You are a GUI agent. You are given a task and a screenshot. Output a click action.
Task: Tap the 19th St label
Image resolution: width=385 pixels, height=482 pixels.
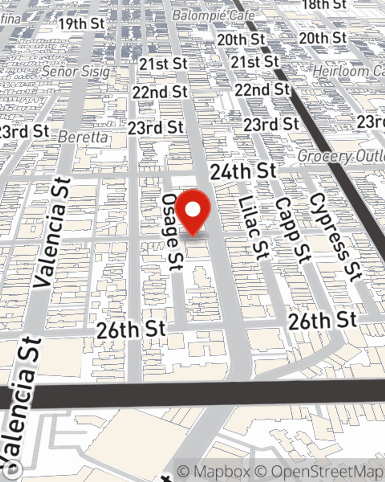[82, 24]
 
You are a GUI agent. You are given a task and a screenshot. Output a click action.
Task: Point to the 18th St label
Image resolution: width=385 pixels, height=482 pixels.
[325, 5]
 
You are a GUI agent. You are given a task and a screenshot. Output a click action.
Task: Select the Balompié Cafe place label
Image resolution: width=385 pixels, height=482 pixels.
[213, 15]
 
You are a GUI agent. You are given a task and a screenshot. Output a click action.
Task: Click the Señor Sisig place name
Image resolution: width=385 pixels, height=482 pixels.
[76, 71]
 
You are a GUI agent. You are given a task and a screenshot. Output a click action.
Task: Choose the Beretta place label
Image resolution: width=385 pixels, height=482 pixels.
[83, 137]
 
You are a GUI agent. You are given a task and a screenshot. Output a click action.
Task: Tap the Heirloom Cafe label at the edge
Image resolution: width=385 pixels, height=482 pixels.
[348, 71]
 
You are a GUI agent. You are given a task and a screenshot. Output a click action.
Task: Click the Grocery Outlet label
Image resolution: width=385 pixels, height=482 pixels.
[341, 156]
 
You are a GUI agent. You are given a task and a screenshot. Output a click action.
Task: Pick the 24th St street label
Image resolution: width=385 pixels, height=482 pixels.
[243, 171]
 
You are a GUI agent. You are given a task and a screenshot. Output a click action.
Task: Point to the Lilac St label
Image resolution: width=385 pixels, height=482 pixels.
[253, 228]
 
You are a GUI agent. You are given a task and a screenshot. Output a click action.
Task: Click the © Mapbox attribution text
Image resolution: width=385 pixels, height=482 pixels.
[213, 472]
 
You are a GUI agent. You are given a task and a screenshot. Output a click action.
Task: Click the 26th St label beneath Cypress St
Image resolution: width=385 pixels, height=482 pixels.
[323, 321]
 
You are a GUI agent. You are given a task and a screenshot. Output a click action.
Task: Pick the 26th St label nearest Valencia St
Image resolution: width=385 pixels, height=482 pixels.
[131, 330]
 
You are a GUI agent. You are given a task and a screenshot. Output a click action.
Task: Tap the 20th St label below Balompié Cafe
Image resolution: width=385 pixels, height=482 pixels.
[241, 39]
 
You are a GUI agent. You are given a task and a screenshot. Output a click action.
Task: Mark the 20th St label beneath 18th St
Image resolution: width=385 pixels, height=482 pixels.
[323, 38]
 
